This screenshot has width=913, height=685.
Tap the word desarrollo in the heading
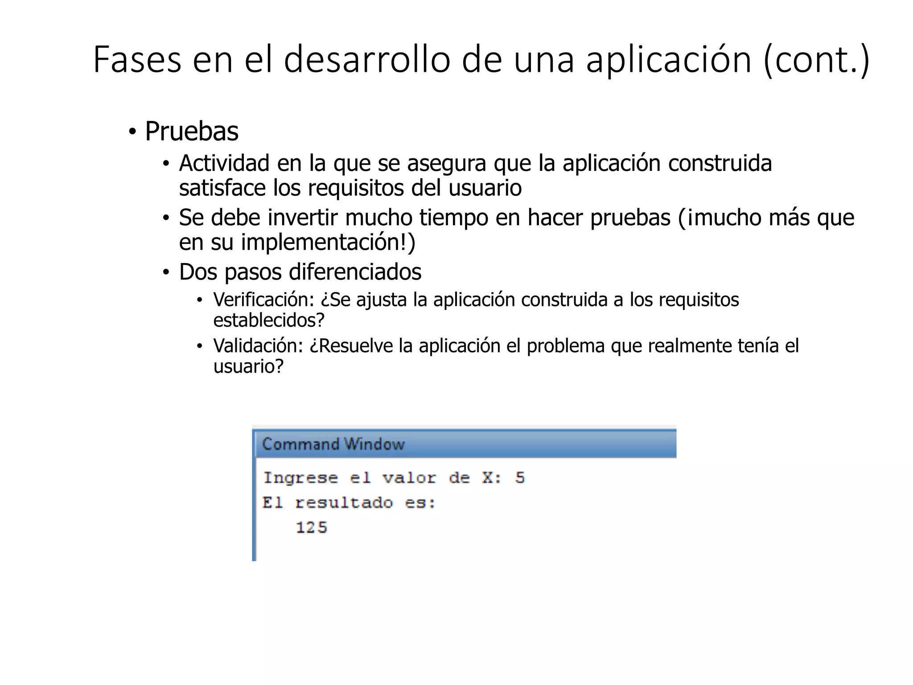coord(367,60)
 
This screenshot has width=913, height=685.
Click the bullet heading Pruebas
coord(192,132)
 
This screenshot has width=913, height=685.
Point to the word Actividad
coord(224,163)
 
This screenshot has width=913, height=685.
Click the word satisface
coord(222,188)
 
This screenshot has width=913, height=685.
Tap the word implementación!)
coord(328,242)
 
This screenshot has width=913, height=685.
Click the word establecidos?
coord(269,320)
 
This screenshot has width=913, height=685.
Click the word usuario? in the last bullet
coord(248,366)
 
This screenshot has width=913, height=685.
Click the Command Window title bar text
coord(333,444)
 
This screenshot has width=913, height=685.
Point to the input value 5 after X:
coord(520,478)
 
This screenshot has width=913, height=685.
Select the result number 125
coord(312,528)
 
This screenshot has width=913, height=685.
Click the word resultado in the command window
coord(344,503)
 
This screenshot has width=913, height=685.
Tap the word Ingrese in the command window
coord(300,478)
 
